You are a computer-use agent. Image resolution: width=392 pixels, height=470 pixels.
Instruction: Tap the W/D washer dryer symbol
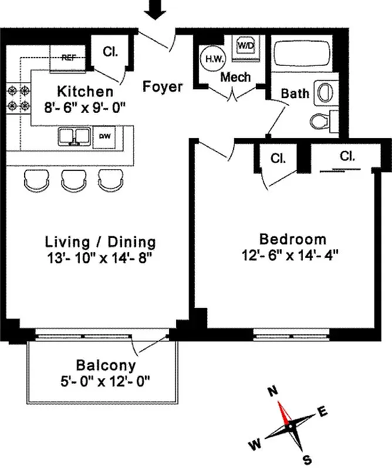[x=245, y=45]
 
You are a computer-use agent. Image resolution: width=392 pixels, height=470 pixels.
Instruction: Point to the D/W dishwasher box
[x=104, y=136]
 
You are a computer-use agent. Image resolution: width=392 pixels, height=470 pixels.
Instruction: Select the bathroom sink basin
[x=323, y=92]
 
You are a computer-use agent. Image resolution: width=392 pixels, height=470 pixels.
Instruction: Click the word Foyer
[x=163, y=87]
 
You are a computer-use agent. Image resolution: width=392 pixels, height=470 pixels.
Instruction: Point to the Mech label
[x=235, y=77]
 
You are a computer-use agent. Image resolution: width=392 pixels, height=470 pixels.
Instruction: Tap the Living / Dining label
[x=101, y=241]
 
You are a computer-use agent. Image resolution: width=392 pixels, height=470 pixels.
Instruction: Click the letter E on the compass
[x=322, y=412]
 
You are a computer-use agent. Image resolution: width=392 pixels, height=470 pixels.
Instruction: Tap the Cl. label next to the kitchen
[x=109, y=51]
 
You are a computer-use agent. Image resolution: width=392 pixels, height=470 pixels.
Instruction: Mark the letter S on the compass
[x=306, y=459]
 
